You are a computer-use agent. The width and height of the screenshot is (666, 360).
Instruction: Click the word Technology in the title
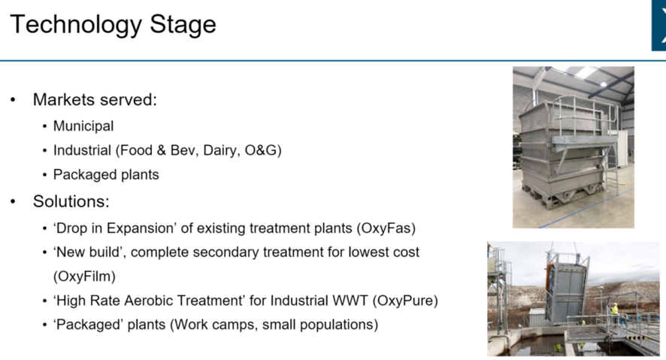[x=76, y=25]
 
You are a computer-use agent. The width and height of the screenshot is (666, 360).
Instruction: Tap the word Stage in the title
[x=183, y=25]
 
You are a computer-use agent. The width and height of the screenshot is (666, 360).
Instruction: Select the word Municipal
[x=83, y=126]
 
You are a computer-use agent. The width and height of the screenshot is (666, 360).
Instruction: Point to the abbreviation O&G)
[x=263, y=150]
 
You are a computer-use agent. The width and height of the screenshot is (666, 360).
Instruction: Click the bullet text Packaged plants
[x=106, y=174]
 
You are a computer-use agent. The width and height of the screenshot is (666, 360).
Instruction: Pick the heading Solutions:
[x=71, y=201]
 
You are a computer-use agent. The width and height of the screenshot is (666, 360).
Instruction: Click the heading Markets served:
[x=95, y=100]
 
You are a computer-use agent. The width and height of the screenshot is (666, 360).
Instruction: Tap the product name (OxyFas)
[x=386, y=228]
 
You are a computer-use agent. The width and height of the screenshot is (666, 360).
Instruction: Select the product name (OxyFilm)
[x=84, y=277]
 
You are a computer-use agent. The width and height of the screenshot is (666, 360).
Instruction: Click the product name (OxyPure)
[x=405, y=301]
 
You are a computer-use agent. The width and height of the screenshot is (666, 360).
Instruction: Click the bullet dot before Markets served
[x=13, y=100]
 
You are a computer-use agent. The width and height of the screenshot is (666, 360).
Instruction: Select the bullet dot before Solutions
[x=13, y=201]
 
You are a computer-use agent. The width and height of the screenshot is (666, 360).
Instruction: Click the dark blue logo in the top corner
[x=658, y=26]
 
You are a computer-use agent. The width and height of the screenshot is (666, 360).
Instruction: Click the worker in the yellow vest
[x=613, y=314]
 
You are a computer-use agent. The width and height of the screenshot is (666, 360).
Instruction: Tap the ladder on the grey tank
[x=611, y=170]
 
